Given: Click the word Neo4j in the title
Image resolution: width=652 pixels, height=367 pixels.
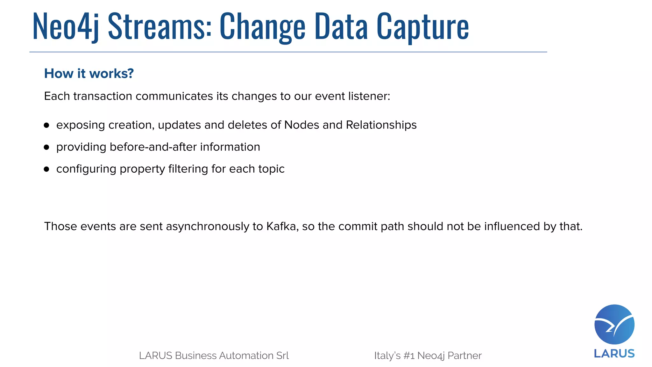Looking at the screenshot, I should tap(65, 26).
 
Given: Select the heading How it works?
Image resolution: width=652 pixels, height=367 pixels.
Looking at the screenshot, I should tap(89, 74).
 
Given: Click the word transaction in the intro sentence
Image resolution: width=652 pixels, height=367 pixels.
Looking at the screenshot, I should tap(103, 96).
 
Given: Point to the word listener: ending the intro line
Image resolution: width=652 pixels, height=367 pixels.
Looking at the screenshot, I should tap(369, 96).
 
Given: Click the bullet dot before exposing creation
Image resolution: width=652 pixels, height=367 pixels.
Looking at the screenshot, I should tap(46, 125).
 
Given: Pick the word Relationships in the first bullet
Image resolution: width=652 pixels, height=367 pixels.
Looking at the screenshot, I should tap(381, 125).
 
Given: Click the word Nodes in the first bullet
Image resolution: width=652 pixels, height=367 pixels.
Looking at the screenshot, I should tap(301, 125).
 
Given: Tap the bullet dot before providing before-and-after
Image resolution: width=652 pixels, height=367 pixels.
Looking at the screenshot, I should tap(46, 147).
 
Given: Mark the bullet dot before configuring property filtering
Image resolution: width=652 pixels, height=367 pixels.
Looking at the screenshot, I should tap(46, 169).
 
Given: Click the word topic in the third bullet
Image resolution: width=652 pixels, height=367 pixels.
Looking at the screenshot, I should tap(272, 169).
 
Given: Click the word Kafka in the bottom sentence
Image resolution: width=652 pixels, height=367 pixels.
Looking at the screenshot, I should tap(282, 226).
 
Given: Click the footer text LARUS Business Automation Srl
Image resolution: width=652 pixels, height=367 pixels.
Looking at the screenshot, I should tap(214, 356).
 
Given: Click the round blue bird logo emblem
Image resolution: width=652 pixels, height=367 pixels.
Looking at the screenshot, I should tap(614, 324).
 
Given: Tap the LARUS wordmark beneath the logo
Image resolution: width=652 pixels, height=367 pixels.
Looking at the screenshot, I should tap(614, 354).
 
